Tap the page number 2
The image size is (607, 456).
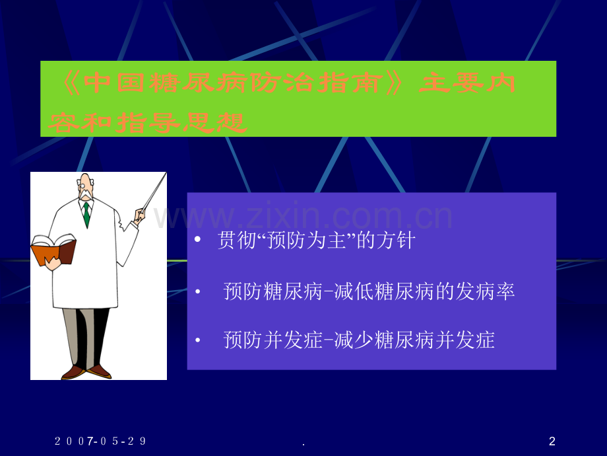[552, 441]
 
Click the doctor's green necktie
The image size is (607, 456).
[86, 214]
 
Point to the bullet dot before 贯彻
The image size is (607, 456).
[198, 241]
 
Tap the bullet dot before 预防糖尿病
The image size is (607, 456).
[198, 292]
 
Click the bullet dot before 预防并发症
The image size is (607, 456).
[198, 341]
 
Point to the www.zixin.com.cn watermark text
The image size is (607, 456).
[303, 217]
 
